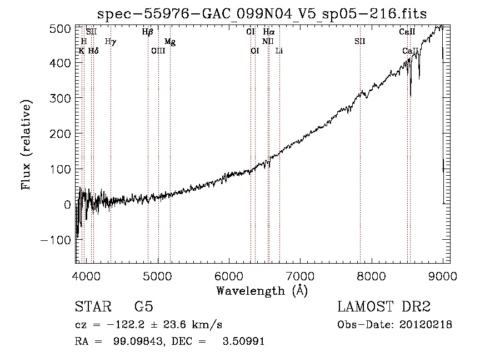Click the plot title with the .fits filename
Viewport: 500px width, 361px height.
tap(262, 14)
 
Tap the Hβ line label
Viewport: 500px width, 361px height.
tap(148, 32)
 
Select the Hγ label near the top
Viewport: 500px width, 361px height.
tap(111, 42)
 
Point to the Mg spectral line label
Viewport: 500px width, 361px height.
tap(170, 42)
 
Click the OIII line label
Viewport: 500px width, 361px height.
tap(158, 51)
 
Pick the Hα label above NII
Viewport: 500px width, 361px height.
tap(269, 32)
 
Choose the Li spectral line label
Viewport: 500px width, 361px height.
tap(279, 51)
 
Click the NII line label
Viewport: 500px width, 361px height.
tap(268, 41)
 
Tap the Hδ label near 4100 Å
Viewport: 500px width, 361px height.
tap(93, 51)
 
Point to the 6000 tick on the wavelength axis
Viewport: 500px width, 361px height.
tap(229, 276)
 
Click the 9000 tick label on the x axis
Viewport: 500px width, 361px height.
tap(443, 276)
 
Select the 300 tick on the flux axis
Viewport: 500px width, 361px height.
tap(60, 98)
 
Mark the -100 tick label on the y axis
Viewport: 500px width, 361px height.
tap(56, 240)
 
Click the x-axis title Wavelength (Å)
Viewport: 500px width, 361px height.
tap(262, 291)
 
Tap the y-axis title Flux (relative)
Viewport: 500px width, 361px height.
tap(26, 145)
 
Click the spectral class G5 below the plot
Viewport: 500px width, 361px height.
tap(144, 306)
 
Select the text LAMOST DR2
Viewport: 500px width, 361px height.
tap(384, 306)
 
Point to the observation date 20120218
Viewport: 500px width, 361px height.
tap(426, 325)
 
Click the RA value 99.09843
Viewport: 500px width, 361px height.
tap(139, 341)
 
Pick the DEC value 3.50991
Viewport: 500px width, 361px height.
tap(243, 341)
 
